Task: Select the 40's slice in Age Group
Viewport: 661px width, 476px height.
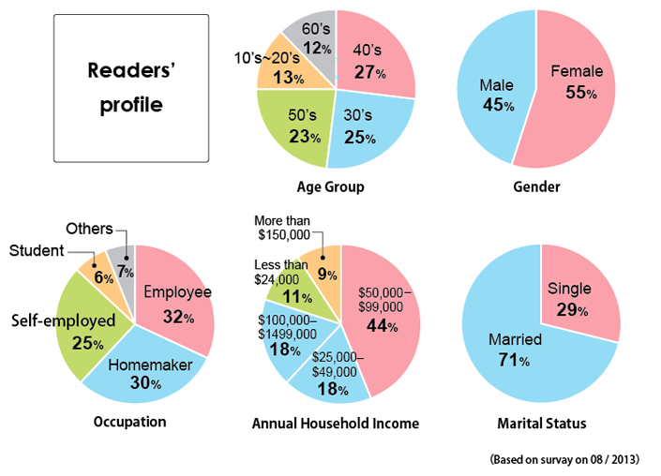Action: tap(374, 61)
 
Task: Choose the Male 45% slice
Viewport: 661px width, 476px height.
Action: tap(484, 94)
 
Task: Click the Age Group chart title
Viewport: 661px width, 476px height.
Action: tap(330, 187)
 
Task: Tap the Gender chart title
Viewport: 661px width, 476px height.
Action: tap(536, 187)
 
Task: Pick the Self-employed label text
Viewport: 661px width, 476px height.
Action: tap(63, 321)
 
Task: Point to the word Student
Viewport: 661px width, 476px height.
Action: tap(37, 250)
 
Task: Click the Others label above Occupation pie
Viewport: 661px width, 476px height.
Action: tap(90, 229)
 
